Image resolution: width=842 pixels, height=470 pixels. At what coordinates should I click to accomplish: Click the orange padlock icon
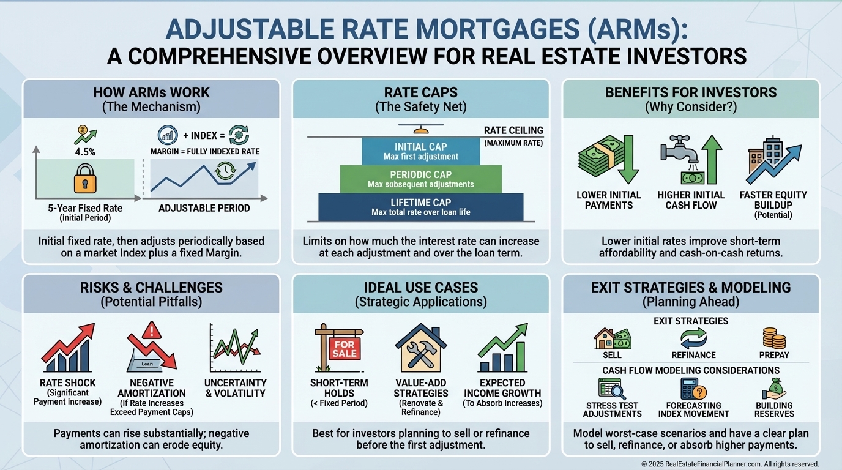point(85,178)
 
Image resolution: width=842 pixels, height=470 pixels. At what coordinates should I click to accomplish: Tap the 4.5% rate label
point(85,152)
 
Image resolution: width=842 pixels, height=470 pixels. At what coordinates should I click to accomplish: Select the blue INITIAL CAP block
point(420,151)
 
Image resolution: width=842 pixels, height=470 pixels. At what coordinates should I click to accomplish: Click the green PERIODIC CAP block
point(420,179)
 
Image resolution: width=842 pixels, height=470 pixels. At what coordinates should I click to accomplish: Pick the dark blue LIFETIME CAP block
point(420,207)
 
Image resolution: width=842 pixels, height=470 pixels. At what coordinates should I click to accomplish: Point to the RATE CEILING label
point(513,130)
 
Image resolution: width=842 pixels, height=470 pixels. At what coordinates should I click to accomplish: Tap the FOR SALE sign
point(345,349)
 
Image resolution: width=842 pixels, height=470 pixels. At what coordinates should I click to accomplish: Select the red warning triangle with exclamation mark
point(152,330)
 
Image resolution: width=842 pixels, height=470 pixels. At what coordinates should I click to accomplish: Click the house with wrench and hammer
point(420,348)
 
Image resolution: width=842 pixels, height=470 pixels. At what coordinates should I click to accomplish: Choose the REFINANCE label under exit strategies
point(693,355)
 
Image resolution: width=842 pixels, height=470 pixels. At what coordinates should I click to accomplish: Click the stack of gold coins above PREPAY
point(774,338)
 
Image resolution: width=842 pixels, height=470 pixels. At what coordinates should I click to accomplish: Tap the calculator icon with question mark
point(693,389)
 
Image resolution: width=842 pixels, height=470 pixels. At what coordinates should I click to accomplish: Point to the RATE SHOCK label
point(68,382)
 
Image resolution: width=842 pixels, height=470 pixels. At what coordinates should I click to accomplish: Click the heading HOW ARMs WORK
point(151,92)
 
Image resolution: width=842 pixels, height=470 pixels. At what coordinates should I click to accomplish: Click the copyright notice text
point(730,464)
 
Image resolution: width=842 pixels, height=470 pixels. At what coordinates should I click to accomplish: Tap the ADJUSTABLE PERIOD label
point(204,208)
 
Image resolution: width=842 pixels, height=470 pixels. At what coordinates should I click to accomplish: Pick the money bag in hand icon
point(773,389)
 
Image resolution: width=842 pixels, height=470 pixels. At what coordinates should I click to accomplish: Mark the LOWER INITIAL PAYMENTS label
point(609,200)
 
